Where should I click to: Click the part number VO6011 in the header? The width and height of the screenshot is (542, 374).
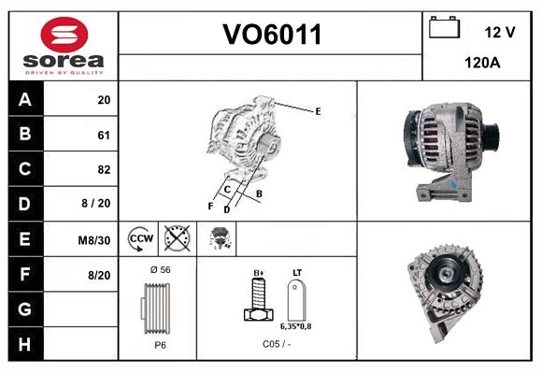(x=271, y=35)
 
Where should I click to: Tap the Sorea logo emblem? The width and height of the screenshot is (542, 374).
(x=63, y=35)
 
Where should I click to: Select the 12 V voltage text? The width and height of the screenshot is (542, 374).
(x=500, y=32)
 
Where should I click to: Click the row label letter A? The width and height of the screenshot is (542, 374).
(x=24, y=100)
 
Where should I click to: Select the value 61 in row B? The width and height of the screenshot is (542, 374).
(x=103, y=135)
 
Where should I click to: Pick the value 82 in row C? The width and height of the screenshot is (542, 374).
(x=103, y=170)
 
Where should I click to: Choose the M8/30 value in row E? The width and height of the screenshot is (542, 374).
(x=94, y=240)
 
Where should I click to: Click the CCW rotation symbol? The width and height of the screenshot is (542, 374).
(x=139, y=239)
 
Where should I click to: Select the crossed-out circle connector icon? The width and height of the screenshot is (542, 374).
(x=176, y=239)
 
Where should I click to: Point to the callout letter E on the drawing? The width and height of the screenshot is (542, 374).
(x=318, y=111)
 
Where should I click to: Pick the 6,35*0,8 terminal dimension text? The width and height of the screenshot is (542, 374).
(x=297, y=326)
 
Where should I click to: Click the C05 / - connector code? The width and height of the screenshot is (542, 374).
(x=277, y=344)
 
